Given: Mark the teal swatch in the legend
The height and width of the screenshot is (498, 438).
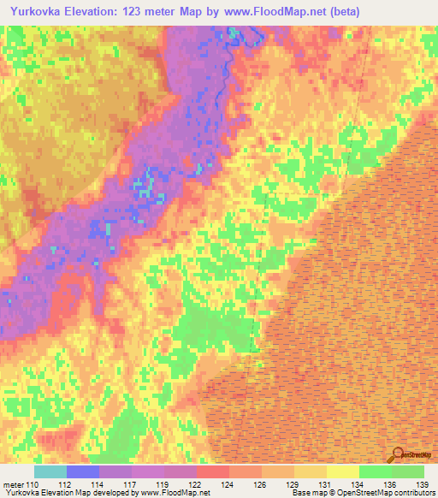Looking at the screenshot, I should pos(50,471).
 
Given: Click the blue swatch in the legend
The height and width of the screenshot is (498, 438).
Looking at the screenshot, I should pos(83,471).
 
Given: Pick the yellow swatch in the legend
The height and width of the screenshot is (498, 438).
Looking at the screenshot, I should pos(343,471).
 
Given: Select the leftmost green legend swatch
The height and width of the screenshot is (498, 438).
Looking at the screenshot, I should pos(376,471).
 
